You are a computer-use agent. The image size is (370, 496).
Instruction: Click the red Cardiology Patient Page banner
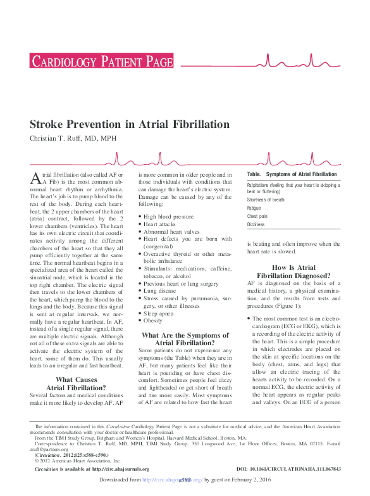101,62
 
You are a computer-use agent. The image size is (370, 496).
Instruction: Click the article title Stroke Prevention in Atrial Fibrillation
130,124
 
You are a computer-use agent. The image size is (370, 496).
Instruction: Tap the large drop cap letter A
36,179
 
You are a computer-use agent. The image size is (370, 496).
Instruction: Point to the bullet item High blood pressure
168,216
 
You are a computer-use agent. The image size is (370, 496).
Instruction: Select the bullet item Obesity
154,321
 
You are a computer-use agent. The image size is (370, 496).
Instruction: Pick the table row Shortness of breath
266,200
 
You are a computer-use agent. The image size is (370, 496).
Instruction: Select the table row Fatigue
254,208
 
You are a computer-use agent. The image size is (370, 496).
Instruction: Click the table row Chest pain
257,216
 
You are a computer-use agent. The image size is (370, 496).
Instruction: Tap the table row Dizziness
256,224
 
